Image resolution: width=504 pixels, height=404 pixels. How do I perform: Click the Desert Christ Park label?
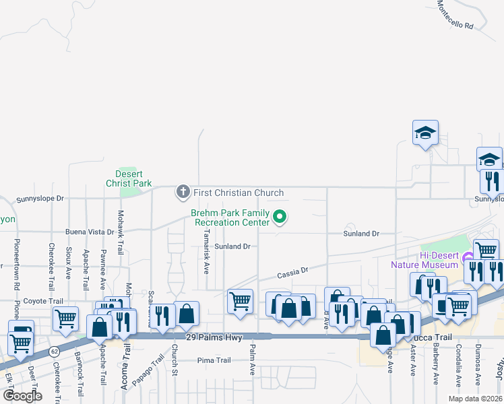pos(129,178)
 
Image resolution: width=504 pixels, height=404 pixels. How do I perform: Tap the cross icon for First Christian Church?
pos(183,193)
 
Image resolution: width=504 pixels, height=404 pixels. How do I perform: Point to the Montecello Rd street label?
pos(455,13)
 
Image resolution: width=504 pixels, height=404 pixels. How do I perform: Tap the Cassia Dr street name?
pos(292,272)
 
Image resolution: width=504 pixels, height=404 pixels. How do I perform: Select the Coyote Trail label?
pos(43,301)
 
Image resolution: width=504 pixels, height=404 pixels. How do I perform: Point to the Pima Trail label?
pos(214,361)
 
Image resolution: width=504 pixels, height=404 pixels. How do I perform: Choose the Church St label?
pos(174,360)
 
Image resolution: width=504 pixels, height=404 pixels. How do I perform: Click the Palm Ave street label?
pos(253,360)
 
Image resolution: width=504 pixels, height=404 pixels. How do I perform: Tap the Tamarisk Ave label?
pos(206,248)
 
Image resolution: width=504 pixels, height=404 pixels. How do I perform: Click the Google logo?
pos(22,396)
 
